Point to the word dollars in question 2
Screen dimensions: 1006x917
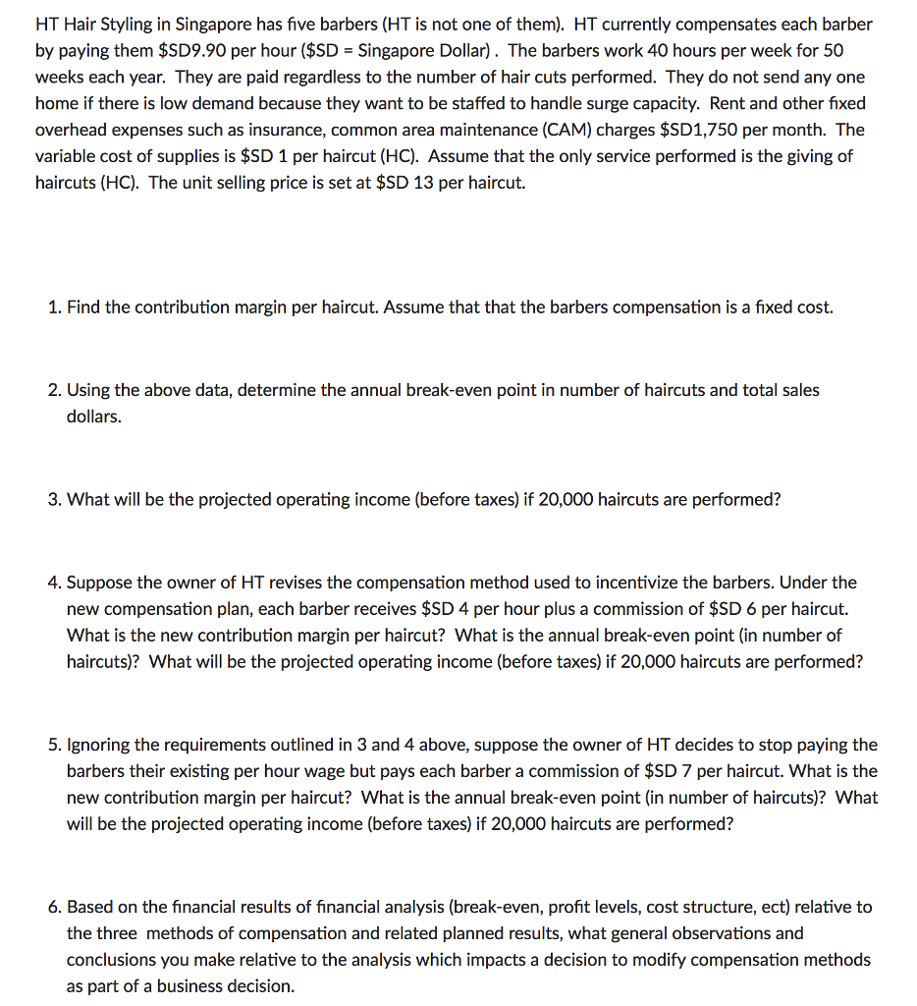tap(94, 417)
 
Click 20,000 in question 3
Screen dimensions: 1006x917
tap(566, 499)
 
